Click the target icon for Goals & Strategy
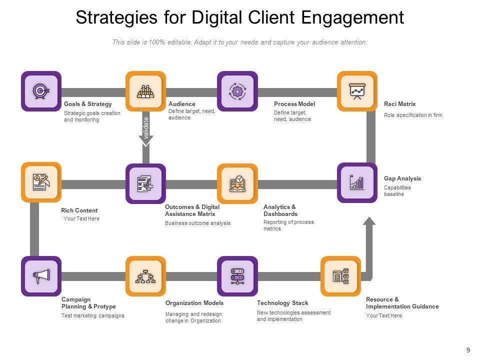tap(40, 91)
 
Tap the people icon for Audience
tap(145, 91)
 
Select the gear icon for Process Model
tap(237, 91)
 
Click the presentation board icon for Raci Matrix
tap(357, 91)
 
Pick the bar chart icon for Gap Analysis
tap(357, 182)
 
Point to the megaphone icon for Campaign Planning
tap(41, 276)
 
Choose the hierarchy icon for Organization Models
tap(145, 276)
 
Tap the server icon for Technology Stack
tap(237, 276)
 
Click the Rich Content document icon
tap(41, 182)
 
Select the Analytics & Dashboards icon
tap(237, 183)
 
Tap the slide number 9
tap(468, 350)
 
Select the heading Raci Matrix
tap(399, 104)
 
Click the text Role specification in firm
tap(413, 115)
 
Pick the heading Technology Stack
tap(282, 303)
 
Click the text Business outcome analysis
tap(197, 223)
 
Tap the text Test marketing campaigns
tap(92, 315)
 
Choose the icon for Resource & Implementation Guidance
tap(340, 276)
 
